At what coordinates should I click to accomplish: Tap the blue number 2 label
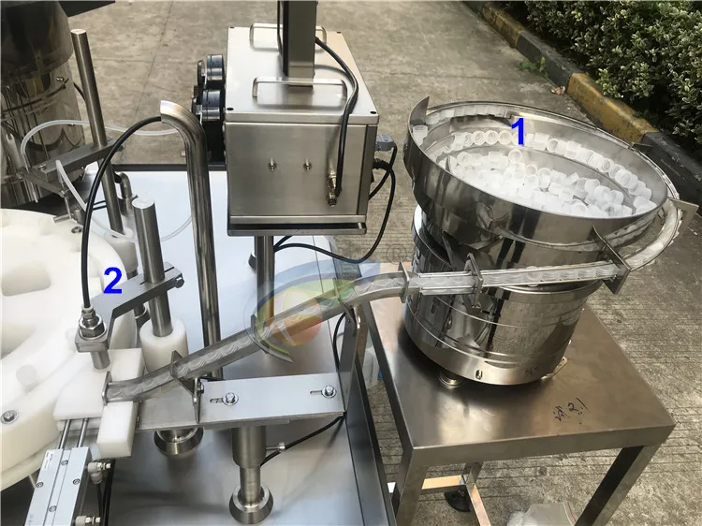pyautogui.click(x=112, y=281)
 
